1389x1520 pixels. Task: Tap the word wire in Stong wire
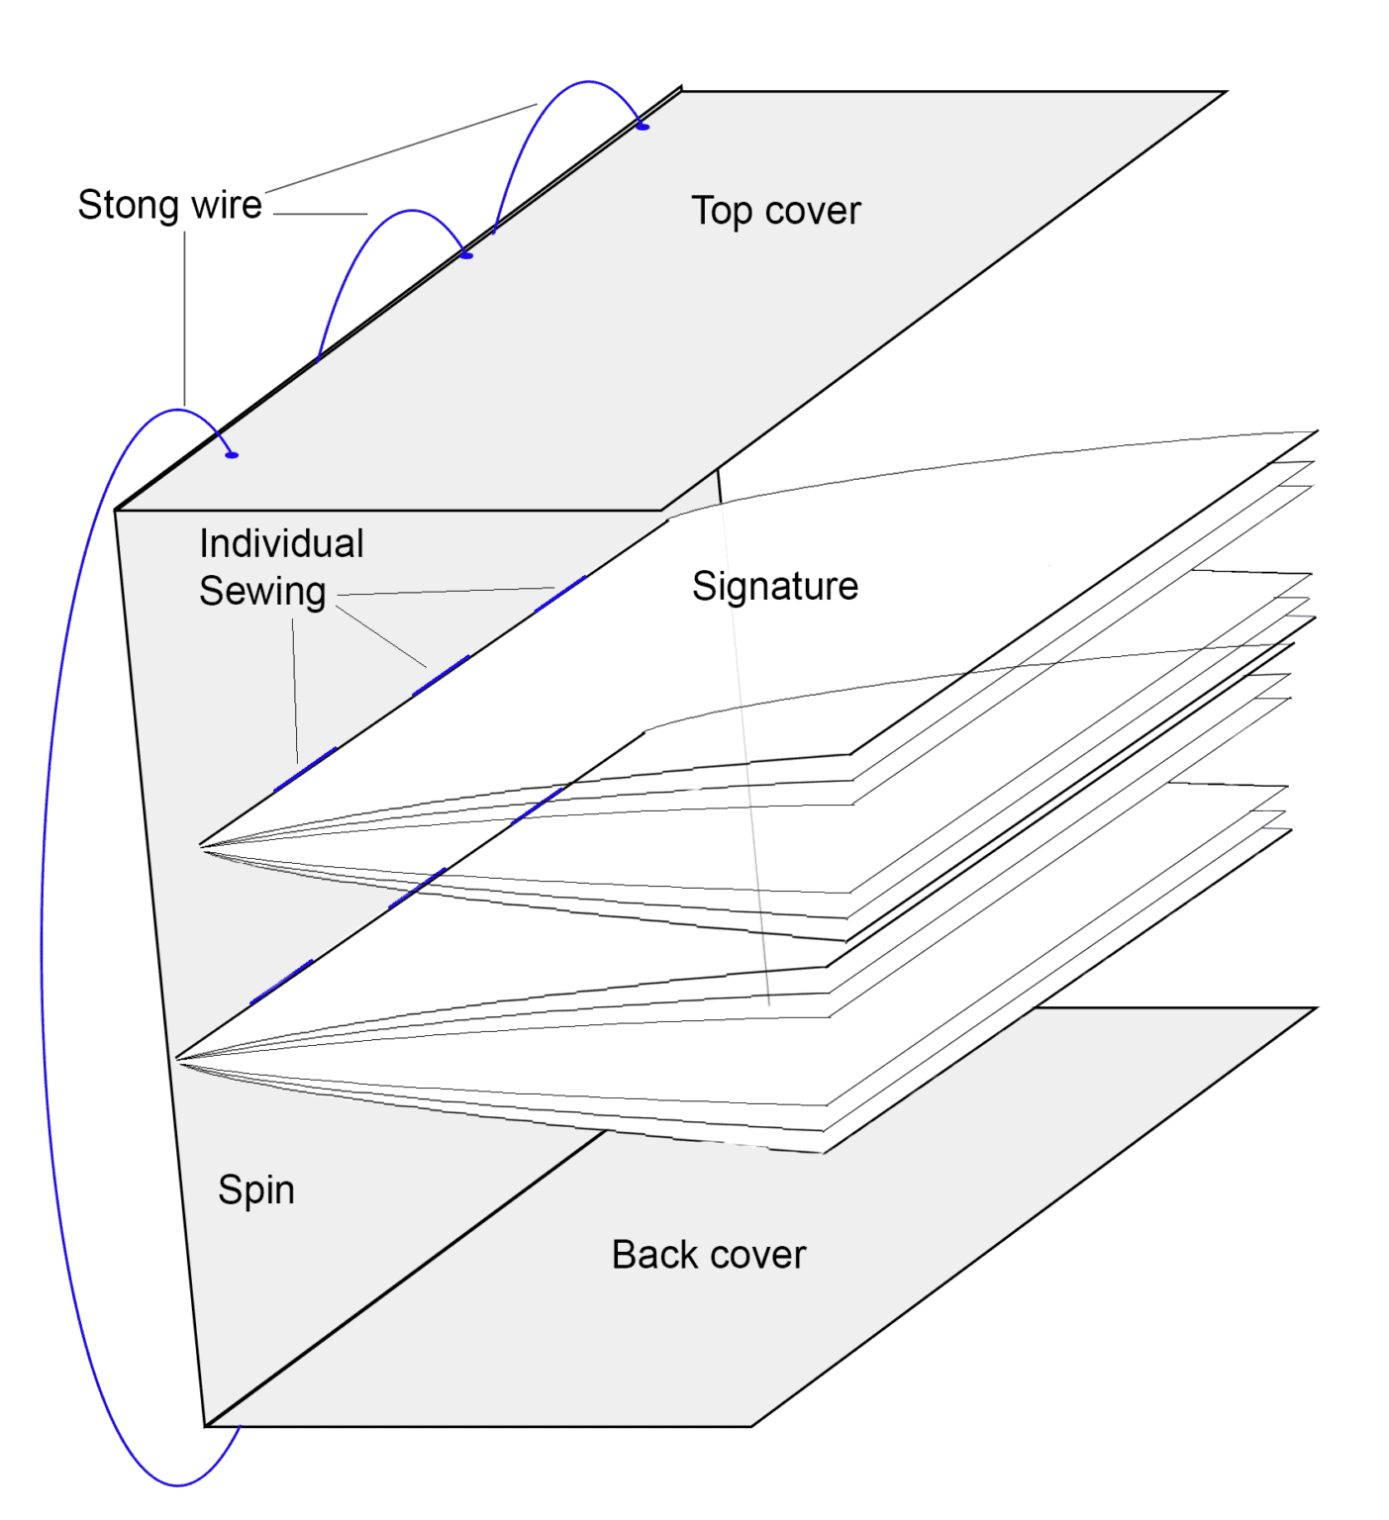click(x=226, y=205)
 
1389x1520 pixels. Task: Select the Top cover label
click(x=775, y=211)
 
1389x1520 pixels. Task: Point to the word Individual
click(x=281, y=543)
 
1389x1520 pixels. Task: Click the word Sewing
click(x=262, y=591)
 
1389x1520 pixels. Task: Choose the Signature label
click(x=774, y=586)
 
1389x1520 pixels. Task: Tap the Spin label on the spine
click(x=256, y=1189)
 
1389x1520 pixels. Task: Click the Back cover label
click(x=708, y=1255)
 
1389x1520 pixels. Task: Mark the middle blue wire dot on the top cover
click(x=467, y=256)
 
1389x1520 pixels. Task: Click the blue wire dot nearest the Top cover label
click(x=643, y=127)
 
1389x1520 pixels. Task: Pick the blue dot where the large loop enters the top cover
click(x=232, y=455)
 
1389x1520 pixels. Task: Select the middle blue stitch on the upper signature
click(x=441, y=676)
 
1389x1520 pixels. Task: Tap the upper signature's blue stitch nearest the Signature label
click(x=560, y=594)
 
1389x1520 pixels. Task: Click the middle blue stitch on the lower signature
click(x=417, y=889)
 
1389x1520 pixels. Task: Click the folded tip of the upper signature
click(x=201, y=846)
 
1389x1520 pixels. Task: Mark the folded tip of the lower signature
click(x=177, y=1059)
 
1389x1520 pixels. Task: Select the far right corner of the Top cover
click(x=1226, y=92)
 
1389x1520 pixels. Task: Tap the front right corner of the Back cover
click(x=751, y=1426)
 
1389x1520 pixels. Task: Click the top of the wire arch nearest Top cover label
click(x=589, y=82)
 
